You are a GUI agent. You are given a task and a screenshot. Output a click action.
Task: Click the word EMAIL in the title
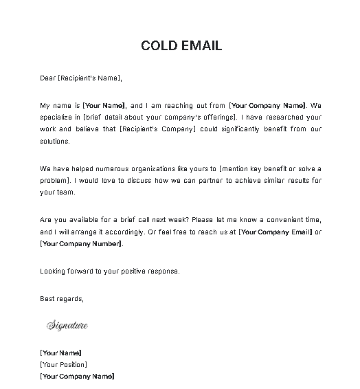[200, 46]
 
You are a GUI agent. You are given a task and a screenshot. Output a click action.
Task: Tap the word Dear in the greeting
[47, 78]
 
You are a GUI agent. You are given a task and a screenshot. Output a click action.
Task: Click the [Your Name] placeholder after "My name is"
[104, 106]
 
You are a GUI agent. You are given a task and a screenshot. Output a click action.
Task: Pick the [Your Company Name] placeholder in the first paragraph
[267, 106]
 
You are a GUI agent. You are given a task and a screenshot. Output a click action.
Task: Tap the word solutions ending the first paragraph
[55, 140]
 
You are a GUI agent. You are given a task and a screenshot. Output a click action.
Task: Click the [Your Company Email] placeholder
[275, 231]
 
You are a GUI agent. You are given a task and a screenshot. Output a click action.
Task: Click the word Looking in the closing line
[52, 271]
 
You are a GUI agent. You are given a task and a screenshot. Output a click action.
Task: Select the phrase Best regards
[62, 299]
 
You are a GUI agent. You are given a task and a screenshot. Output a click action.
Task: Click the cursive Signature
[67, 325]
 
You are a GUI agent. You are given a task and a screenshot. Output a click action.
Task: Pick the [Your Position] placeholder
[64, 364]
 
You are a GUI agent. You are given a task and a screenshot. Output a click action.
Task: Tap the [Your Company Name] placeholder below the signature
[77, 376]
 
